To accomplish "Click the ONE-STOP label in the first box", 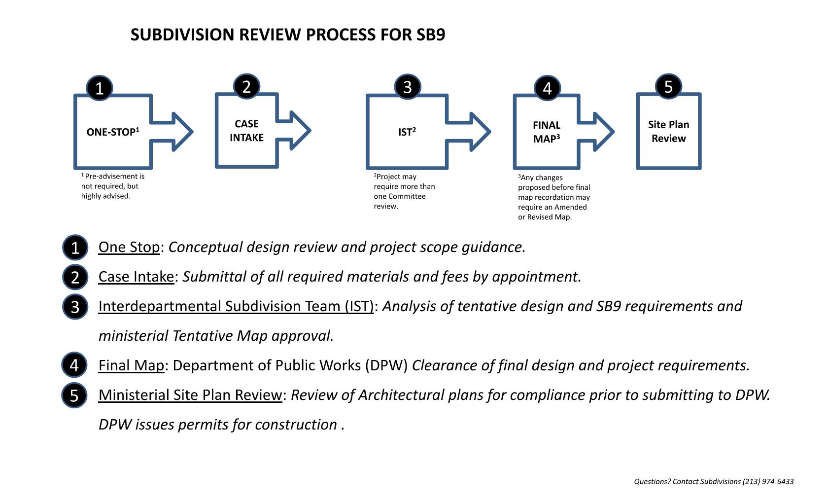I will point(113,132).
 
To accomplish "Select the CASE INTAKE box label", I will point(246,131).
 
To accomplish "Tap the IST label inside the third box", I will point(407,132).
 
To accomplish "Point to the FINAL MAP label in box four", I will point(547,132).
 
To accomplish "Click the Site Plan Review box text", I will point(668,132).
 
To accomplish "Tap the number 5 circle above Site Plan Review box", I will point(668,87).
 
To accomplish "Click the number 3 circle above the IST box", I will point(407,87).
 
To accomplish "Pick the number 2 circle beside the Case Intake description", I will point(75,277).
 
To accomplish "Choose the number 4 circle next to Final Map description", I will point(74,365).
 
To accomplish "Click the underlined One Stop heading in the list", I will point(129,247).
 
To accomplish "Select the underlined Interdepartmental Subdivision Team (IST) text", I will point(236,306).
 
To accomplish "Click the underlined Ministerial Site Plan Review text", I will point(190,395).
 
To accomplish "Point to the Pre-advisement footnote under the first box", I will point(112,186).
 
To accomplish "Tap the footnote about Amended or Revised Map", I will point(553,197).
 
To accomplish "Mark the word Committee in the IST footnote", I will point(406,196).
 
